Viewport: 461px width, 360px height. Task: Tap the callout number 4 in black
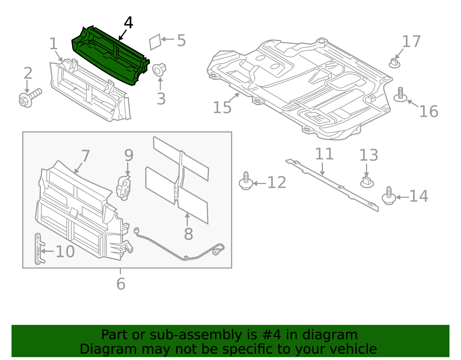[x=128, y=23]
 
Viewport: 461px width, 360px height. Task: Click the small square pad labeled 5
[x=155, y=42]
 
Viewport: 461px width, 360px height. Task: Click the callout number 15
[x=222, y=108]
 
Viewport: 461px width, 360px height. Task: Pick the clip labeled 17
[x=394, y=63]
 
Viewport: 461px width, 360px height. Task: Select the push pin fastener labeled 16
[x=400, y=95]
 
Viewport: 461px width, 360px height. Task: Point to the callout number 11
[x=324, y=154]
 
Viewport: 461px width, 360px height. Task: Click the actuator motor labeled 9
[x=124, y=188]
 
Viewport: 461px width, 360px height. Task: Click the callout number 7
[x=86, y=156]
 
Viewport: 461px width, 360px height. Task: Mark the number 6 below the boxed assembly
[x=121, y=284]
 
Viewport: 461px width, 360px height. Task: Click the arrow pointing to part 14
[x=402, y=197]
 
